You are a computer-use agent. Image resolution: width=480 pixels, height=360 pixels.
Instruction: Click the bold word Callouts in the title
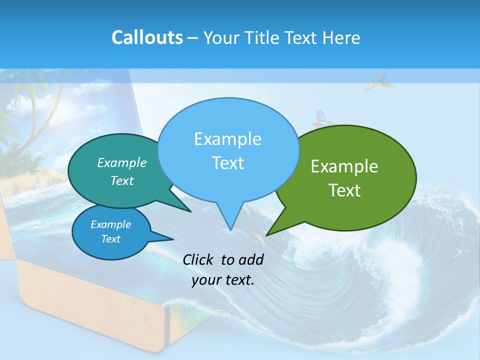147,37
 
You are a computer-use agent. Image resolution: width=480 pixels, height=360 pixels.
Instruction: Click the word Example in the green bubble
344,166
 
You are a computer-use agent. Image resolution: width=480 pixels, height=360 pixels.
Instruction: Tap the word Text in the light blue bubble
228,163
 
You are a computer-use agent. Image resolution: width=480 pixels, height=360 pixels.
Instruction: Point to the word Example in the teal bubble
122,162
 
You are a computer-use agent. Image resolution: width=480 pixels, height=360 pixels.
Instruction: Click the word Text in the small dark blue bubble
110,239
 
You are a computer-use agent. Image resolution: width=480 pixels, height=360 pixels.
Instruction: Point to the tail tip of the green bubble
267,234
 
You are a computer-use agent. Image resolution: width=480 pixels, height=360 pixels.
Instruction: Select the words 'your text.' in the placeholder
223,280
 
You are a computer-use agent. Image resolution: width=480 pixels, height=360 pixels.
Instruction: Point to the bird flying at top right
377,80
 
